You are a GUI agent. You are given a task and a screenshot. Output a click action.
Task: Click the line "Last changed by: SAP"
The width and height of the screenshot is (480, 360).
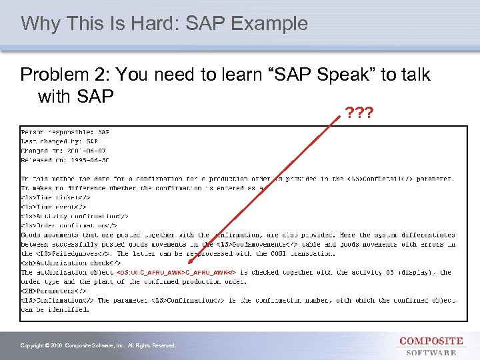[x=60, y=141]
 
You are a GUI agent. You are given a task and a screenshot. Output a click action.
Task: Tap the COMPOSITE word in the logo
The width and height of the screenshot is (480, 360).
[x=431, y=341]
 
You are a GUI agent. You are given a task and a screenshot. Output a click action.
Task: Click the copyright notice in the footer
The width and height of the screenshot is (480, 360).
[x=98, y=345]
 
